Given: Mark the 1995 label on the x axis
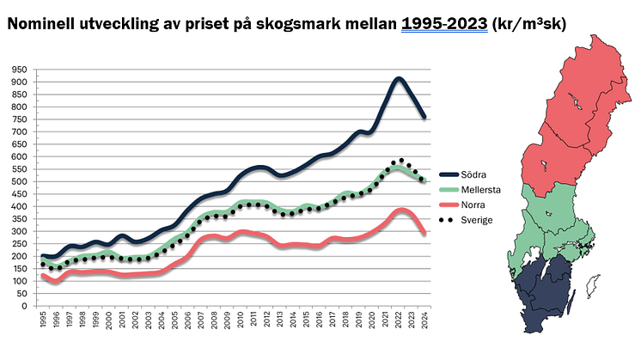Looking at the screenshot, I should point(43,320).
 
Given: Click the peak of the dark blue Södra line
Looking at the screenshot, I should point(398,80).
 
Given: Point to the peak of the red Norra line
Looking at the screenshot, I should point(400,211).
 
